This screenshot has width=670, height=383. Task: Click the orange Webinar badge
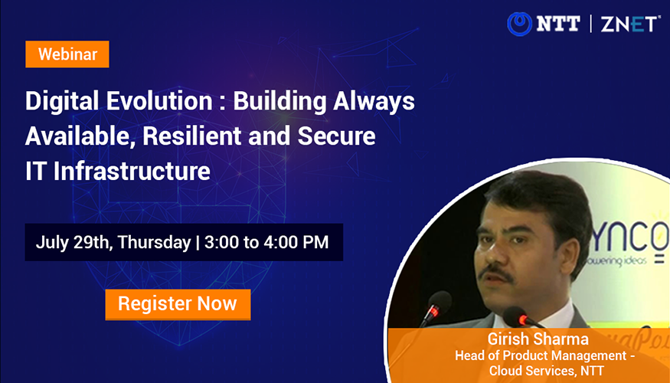67,54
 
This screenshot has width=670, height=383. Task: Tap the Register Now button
178,304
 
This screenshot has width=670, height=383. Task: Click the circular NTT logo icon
520,24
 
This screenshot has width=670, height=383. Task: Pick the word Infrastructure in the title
132,171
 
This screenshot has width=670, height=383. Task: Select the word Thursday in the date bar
154,243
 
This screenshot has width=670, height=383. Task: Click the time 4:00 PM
296,242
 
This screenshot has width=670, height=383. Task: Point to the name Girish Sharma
538,339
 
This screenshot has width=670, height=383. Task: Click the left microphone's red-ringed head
439,303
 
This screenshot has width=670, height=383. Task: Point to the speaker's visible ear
569,248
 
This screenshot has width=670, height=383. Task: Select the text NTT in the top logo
558,24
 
